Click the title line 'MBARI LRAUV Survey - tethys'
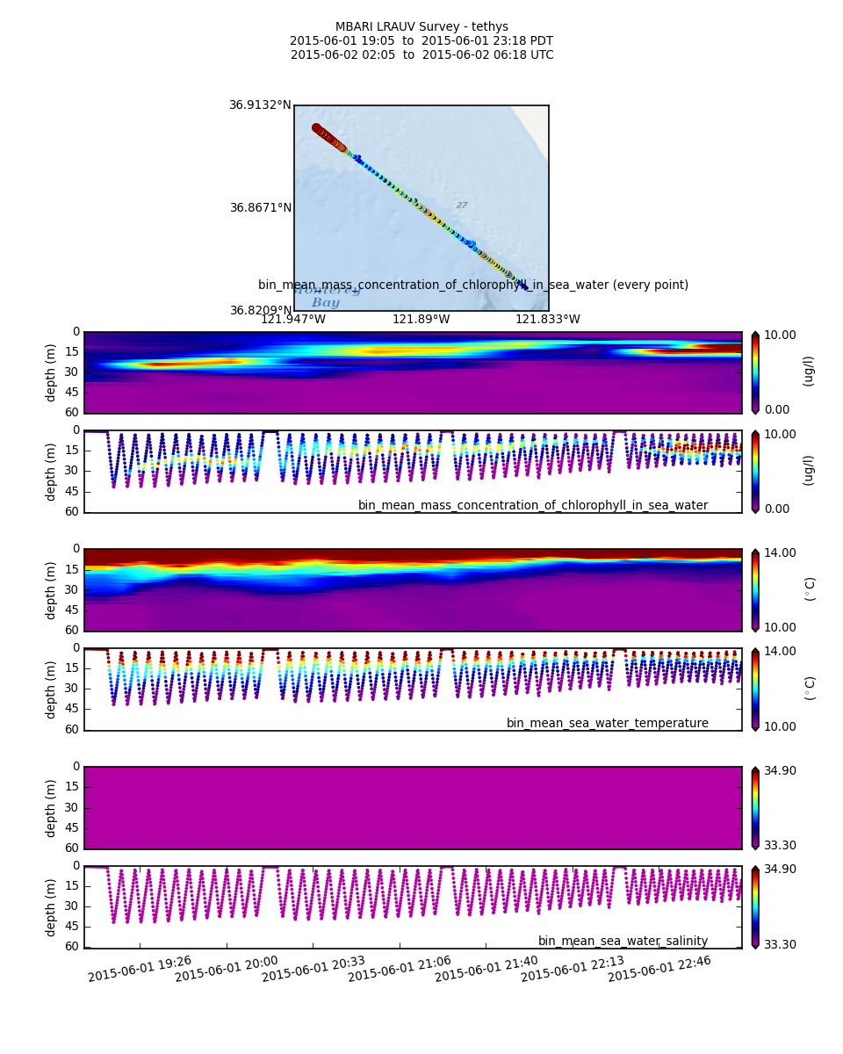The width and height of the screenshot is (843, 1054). tap(421, 27)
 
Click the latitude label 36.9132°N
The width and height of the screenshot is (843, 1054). tap(260, 105)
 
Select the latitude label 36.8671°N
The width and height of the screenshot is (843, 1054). tap(261, 208)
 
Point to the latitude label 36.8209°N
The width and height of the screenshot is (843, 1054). tap(261, 311)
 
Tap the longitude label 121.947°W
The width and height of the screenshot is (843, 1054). tap(292, 320)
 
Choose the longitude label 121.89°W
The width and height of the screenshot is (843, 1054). tap(421, 320)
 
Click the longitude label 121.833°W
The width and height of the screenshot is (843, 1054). tap(547, 320)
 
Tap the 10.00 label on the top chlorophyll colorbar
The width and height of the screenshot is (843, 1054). tap(780, 335)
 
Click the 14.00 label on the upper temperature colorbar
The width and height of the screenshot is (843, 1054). tap(780, 552)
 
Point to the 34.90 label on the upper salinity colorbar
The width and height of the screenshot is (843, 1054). tap(780, 770)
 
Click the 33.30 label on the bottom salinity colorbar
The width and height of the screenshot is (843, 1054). tap(780, 944)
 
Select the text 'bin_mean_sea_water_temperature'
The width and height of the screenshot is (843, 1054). tap(607, 724)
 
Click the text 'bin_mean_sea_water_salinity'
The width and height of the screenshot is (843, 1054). tap(623, 942)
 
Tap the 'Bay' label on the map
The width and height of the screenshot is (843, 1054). tap(325, 303)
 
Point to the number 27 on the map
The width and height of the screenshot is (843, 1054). tap(462, 206)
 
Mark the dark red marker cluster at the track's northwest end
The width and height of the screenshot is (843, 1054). tap(318, 129)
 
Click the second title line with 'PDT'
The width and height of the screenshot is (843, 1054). tap(421, 41)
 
